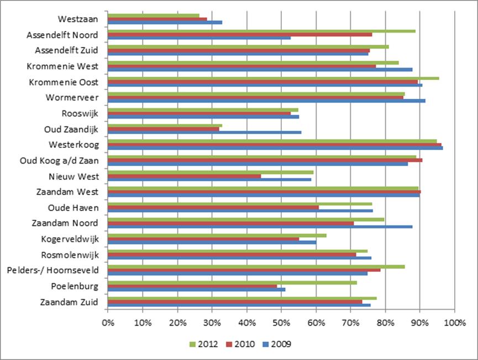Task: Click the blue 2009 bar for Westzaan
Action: click(x=165, y=22)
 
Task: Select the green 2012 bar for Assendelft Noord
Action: click(x=261, y=31)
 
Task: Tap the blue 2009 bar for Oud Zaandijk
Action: click(x=204, y=133)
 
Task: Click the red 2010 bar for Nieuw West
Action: click(x=184, y=176)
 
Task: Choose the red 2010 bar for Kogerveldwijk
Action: click(x=203, y=239)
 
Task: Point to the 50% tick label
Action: click(x=281, y=322)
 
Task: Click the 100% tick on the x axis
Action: click(x=454, y=322)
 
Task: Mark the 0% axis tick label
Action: click(x=108, y=322)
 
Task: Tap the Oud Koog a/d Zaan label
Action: click(x=62, y=161)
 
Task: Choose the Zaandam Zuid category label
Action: click(x=69, y=302)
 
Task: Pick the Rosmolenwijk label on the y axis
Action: click(x=70, y=255)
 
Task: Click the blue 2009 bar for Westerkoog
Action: click(x=275, y=148)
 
